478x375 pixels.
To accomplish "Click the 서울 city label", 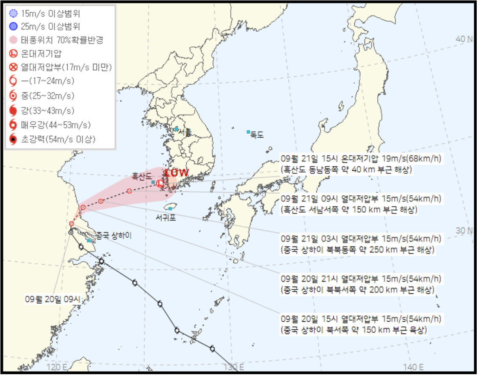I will point(185,132).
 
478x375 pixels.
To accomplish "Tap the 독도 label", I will point(257,135).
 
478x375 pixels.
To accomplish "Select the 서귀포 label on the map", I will point(166,218).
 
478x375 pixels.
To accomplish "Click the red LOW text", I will point(177,173).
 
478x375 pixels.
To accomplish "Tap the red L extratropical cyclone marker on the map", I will point(160,183).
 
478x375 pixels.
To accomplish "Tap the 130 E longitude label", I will point(233,367).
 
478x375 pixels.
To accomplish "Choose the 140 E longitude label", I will point(414,367).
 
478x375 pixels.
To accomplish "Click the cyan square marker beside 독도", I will point(249,132).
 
